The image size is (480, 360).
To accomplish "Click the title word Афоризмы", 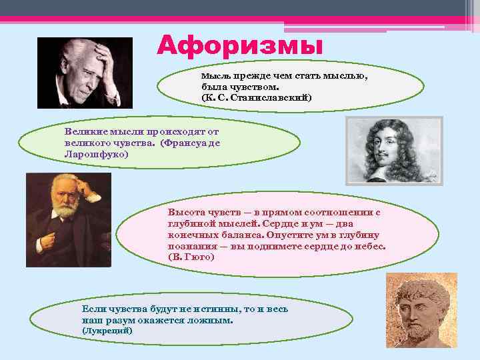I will (x=240, y=47).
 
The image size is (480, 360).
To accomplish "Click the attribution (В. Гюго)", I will (x=192, y=257).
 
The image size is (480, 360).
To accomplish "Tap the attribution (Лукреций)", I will (x=107, y=331).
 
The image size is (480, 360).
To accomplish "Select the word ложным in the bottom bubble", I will (x=211, y=320).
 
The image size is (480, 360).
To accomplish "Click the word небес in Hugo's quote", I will (x=370, y=246).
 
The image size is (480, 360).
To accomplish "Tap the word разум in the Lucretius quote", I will (x=115, y=320).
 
